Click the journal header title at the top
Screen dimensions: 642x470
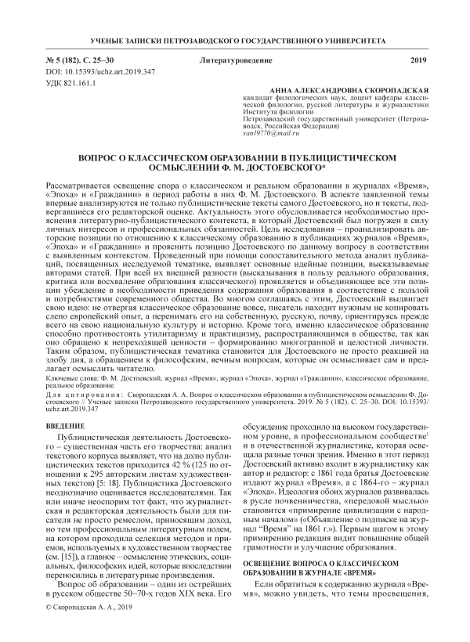[x=234, y=40]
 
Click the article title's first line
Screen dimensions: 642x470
[x=234, y=157]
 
